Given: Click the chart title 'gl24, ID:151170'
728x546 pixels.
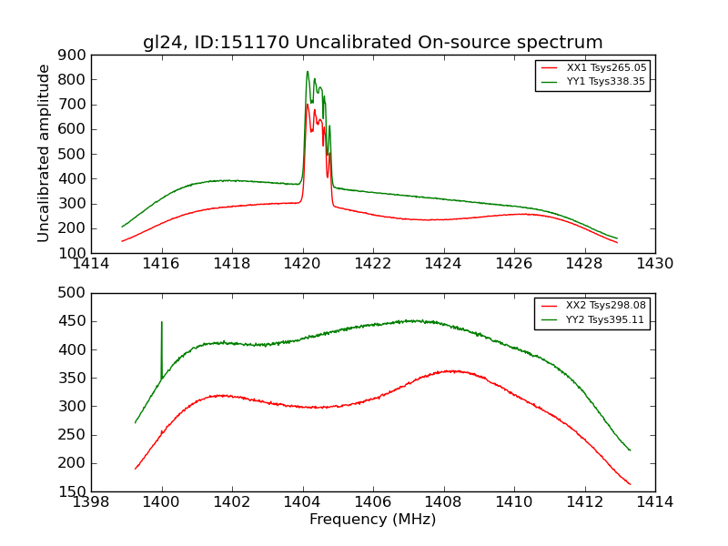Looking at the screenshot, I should coord(372,43).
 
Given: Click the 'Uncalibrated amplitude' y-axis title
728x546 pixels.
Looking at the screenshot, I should coord(44,153).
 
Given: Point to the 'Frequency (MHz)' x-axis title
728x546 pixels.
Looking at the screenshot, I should coord(372,520).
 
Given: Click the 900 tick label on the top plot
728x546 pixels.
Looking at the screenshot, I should coord(72,56).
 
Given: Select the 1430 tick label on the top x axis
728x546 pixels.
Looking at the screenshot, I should coord(654,264).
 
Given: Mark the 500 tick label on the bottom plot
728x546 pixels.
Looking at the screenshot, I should coord(72,293).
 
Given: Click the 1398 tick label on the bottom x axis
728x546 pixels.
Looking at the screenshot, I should coord(92,502).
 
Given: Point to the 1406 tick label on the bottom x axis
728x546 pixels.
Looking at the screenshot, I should coord(373,502).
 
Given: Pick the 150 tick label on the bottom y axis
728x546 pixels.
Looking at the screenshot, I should coord(72,491).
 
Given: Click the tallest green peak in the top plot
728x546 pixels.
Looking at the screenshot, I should coord(308,72).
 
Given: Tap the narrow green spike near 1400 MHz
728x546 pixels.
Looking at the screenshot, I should coord(162,322).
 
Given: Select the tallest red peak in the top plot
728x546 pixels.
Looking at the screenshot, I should coord(308,105).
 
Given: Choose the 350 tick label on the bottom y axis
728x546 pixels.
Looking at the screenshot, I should coord(72,378).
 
